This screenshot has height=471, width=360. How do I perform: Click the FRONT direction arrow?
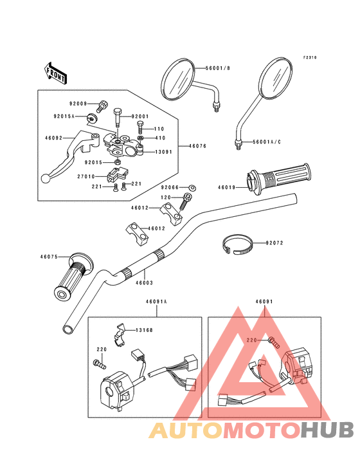55,73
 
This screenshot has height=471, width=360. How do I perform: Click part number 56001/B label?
218,68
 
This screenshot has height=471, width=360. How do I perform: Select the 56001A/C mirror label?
267,142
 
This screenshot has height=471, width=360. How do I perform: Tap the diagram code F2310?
310,57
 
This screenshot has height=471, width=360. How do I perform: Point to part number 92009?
78,104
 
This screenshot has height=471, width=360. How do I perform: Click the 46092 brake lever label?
54,138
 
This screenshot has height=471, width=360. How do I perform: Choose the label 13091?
163,152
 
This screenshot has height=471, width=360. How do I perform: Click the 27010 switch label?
86,176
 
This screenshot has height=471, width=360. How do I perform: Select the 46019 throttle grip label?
226,187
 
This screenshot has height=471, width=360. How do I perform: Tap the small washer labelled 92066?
192,188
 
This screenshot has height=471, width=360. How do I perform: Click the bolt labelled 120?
184,202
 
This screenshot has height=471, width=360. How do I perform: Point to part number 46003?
144,282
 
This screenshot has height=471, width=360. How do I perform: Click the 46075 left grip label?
49,257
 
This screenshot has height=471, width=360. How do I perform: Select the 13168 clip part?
120,335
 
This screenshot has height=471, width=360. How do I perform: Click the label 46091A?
156,302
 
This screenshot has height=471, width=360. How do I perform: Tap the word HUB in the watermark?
327,430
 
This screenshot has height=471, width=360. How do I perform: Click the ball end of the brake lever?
45,178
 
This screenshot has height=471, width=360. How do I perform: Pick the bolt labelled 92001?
117,117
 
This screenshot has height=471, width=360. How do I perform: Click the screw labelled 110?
140,127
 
